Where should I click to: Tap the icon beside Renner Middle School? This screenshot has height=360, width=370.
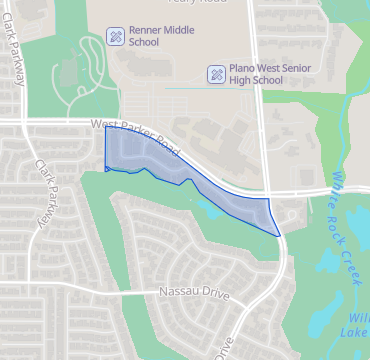[116, 37]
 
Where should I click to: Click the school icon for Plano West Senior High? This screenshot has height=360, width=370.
[215, 74]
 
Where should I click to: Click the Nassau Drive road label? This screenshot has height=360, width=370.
[194, 295]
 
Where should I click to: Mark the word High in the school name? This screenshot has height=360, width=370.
[239, 80]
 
